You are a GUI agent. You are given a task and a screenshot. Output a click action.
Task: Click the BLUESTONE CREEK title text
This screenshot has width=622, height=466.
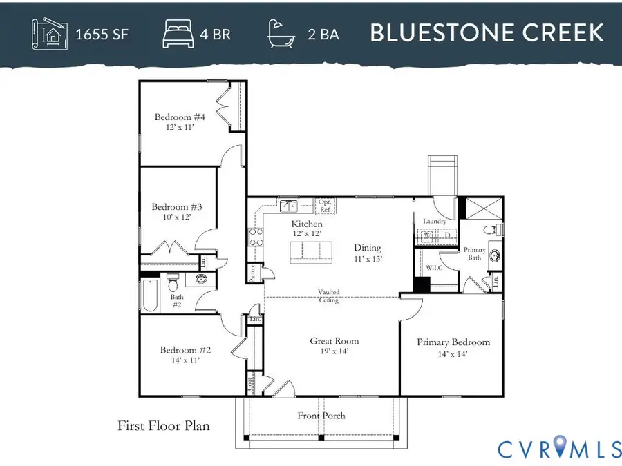point(487,33)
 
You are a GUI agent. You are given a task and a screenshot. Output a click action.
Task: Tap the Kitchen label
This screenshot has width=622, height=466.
point(307,224)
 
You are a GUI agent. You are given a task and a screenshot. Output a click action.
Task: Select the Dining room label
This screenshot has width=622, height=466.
point(368,248)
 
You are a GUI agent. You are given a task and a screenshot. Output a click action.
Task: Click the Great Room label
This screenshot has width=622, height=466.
point(334,341)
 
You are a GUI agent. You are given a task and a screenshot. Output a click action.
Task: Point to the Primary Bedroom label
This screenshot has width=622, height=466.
point(453,342)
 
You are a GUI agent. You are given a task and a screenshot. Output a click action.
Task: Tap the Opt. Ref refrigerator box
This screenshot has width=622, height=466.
point(325,205)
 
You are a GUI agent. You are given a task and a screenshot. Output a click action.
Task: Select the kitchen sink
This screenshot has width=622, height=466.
point(289,205)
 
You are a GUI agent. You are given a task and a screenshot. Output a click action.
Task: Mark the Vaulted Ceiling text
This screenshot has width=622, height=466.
point(328,295)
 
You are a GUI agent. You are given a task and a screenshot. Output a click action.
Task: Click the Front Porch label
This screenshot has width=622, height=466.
point(321,416)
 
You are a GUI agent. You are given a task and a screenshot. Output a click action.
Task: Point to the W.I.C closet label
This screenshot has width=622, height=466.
point(434,268)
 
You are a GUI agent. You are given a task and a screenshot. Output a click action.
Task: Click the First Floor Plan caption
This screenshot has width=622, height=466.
point(163,426)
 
